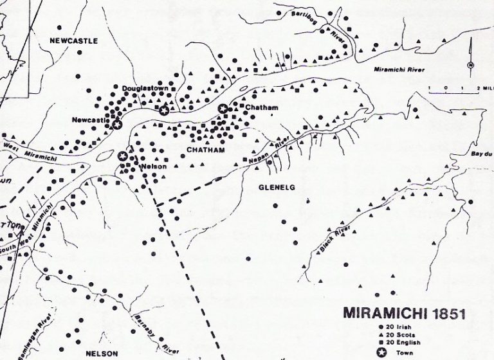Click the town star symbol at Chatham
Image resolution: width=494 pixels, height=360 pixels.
223,109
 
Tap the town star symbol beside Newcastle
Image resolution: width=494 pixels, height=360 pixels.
116,124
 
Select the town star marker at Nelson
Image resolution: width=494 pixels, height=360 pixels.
123,156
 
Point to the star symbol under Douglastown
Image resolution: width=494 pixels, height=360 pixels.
164,111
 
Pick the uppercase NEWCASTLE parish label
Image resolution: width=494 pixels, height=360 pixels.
73,40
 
